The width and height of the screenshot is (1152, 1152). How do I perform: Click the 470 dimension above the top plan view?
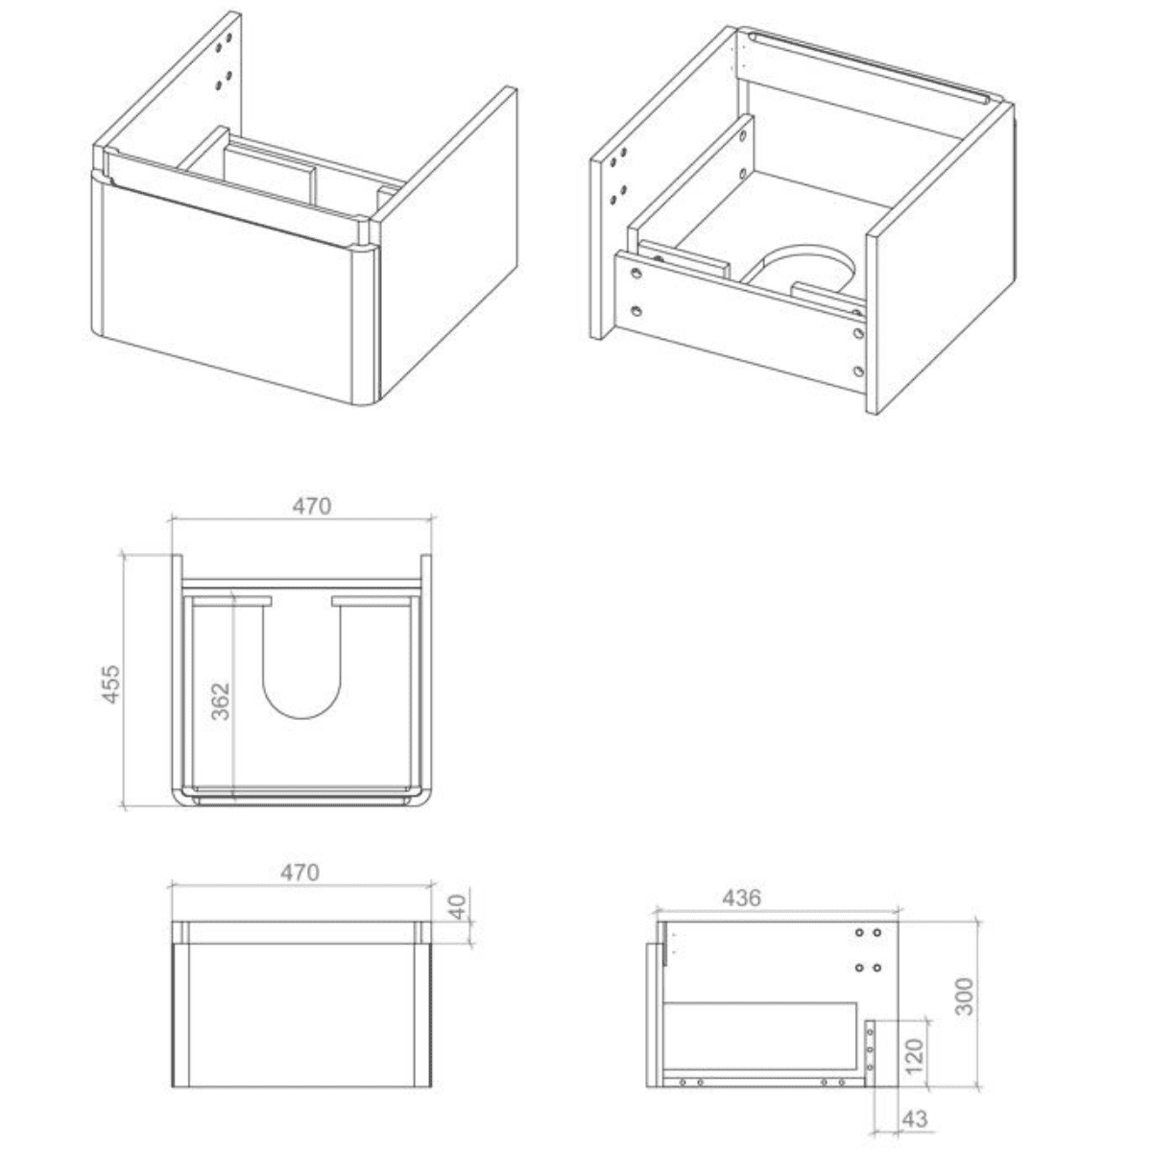click(x=311, y=506)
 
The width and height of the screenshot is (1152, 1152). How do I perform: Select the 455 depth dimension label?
click(x=111, y=684)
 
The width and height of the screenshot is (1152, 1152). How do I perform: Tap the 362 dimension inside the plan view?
click(x=221, y=701)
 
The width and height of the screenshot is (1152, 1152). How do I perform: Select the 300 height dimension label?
click(x=964, y=996)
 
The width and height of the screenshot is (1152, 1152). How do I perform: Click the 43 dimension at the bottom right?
click(x=915, y=1118)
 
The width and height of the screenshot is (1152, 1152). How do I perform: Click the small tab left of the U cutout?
click(x=252, y=600)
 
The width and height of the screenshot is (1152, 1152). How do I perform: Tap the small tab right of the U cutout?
click(x=353, y=600)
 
